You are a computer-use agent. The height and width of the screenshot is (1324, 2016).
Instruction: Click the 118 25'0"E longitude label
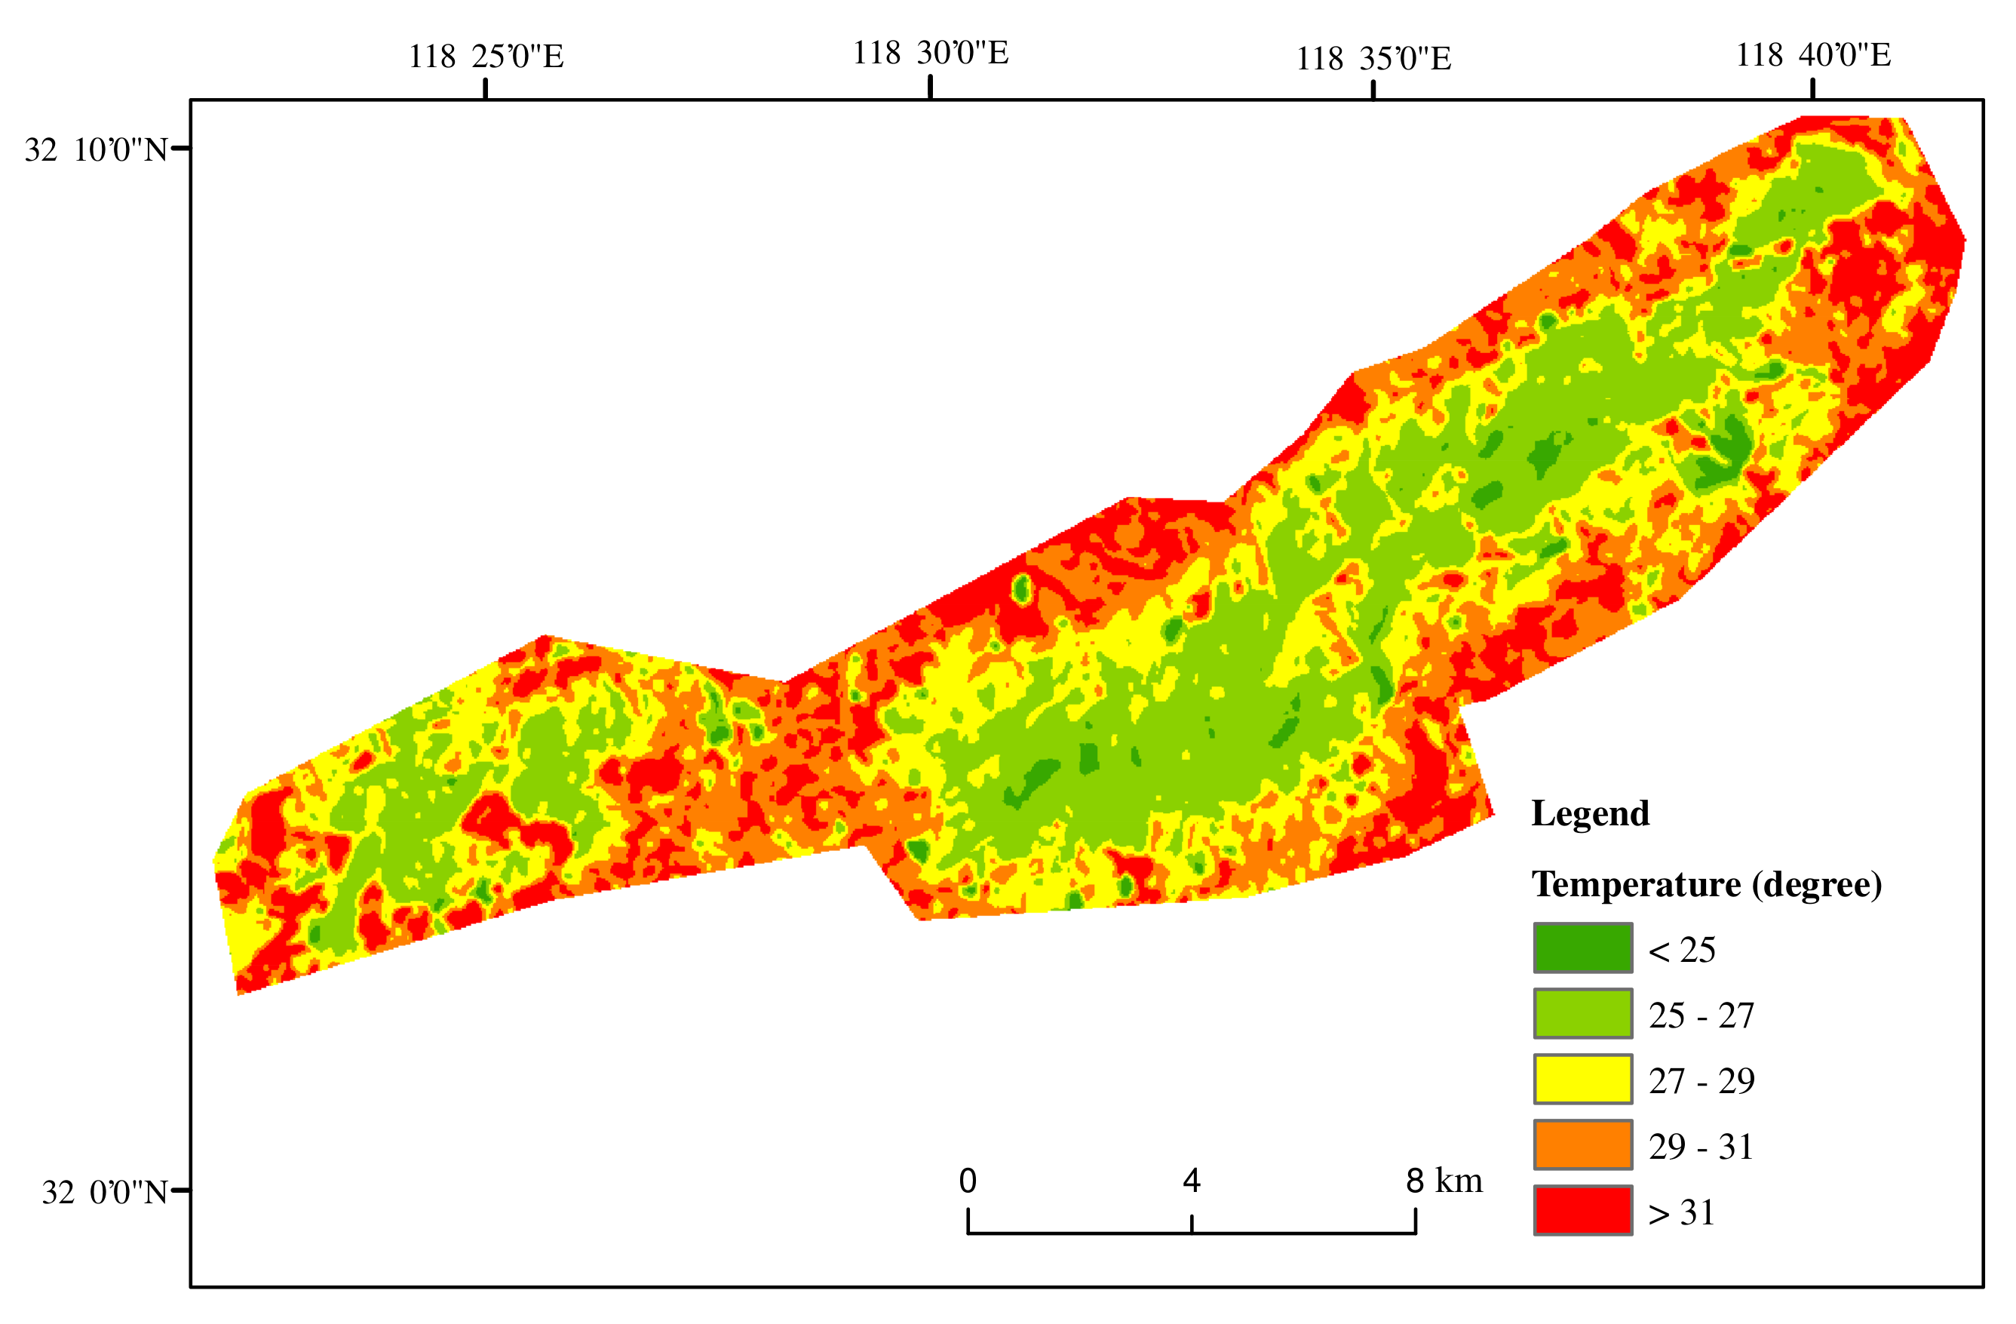click(x=486, y=57)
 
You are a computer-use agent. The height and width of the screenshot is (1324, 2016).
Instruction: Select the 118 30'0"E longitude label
click(x=930, y=54)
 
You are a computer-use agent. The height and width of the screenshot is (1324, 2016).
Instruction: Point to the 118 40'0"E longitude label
click(x=1812, y=55)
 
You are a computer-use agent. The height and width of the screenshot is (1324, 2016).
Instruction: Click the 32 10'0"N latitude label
click(x=96, y=150)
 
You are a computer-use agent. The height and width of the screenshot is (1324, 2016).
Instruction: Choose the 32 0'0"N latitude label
click(x=104, y=1193)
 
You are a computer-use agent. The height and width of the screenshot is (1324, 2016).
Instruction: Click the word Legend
click(x=1590, y=813)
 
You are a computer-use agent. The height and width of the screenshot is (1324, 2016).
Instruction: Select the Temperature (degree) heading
click(x=1706, y=884)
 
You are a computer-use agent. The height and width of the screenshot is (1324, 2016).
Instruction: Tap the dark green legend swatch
click(x=1582, y=948)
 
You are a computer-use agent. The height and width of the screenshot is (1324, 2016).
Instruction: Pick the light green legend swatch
click(x=1582, y=1013)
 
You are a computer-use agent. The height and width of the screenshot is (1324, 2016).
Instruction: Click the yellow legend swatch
click(x=1582, y=1079)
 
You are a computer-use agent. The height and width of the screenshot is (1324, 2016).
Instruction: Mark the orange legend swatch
click(x=1582, y=1144)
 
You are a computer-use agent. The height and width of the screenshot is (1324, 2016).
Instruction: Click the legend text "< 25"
click(x=1681, y=951)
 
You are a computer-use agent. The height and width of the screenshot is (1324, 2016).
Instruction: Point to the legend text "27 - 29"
click(x=1701, y=1082)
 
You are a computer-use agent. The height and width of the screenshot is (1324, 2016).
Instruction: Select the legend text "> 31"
click(x=1681, y=1213)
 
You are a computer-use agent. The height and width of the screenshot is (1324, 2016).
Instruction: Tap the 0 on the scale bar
click(x=968, y=1181)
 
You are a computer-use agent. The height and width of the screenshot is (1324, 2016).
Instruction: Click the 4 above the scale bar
click(x=1191, y=1181)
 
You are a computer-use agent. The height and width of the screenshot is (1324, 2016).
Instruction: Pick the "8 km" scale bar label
click(x=1444, y=1181)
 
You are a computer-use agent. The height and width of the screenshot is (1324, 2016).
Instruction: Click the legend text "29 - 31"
click(x=1701, y=1147)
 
